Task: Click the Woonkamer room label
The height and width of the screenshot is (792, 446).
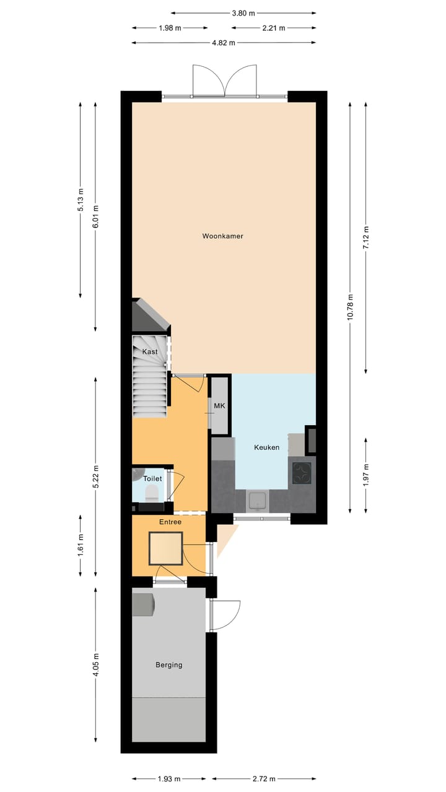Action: pos(222,236)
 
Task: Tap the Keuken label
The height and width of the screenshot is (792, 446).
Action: pos(267,447)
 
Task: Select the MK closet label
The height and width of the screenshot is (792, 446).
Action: pos(219,406)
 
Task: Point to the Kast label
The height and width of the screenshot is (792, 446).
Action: pos(150,351)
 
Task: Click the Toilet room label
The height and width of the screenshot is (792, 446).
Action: pos(152,478)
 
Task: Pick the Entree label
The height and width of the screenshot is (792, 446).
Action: pos(170,522)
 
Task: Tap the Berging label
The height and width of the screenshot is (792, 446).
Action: pos(168,665)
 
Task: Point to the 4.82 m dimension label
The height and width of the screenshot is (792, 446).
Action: pos(224,43)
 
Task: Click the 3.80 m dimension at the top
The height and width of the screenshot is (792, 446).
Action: pos(243,12)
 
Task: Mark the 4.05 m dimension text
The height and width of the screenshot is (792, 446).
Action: pos(96,665)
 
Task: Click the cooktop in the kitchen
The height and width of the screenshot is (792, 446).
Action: pos(302,473)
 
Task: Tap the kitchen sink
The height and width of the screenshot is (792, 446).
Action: pos(258,501)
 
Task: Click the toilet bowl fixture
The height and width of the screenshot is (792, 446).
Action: pos(151,493)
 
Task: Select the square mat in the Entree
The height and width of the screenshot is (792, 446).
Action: pos(165,548)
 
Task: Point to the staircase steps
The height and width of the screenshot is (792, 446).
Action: pos(150,387)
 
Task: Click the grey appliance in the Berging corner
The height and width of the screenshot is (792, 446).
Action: pos(144,605)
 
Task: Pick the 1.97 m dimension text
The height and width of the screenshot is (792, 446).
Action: pos(366,475)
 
